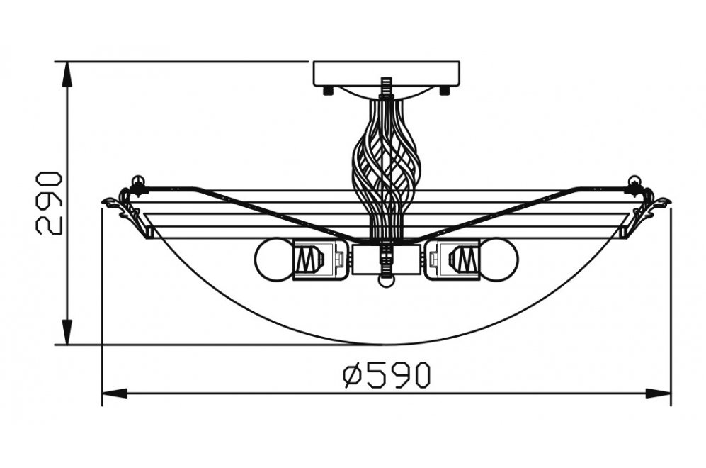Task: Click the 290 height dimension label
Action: pos(50,202)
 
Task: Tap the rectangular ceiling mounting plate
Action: pos(386,73)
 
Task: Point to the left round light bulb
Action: pos(273,260)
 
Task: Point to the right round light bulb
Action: pos(500,260)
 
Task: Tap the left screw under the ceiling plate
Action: pos(328,90)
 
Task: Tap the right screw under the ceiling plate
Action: pos(444,90)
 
